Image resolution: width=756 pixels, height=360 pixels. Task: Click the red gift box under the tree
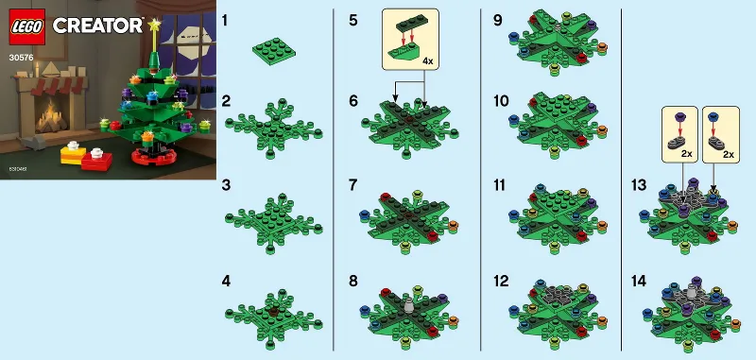[95, 160]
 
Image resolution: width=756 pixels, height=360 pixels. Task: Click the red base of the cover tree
[152, 155]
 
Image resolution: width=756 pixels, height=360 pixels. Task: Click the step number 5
[352, 19]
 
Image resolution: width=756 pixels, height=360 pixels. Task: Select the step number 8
[352, 280]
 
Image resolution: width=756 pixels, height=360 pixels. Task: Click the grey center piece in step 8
[407, 305]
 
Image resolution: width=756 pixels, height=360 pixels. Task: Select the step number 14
[639, 280]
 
